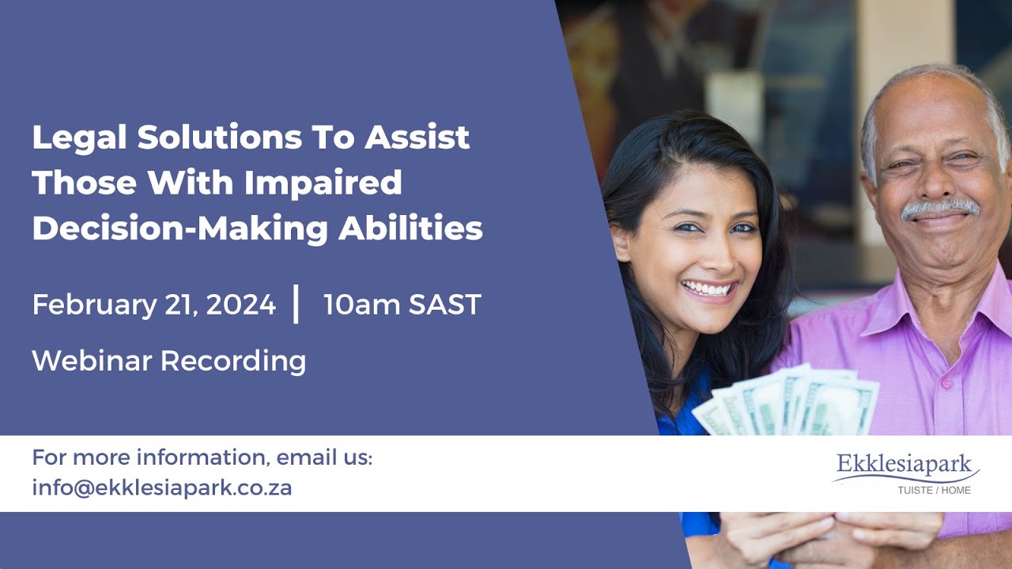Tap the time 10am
(360, 304)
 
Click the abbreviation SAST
(444, 304)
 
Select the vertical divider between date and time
(296, 304)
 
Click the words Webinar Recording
(169, 360)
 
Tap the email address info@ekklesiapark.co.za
(162, 488)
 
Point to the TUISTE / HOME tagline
(934, 490)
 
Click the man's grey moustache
(940, 209)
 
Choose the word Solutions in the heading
(218, 138)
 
